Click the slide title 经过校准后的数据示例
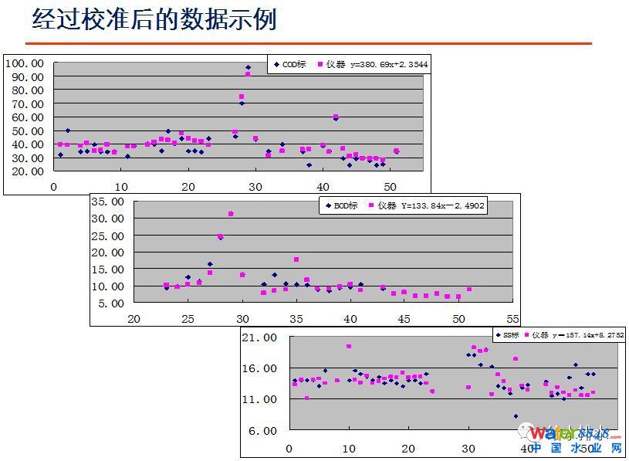(154, 19)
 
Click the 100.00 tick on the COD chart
(25, 63)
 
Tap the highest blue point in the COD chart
(249, 68)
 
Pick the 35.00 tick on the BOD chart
(107, 202)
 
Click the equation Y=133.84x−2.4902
(442, 205)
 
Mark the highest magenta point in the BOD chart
(231, 214)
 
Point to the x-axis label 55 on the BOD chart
(513, 319)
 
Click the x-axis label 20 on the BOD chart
(134, 319)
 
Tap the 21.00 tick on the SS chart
(259, 337)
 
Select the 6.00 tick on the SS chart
(262, 430)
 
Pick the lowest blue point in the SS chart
(516, 416)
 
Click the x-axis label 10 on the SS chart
(349, 449)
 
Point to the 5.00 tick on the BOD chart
(110, 303)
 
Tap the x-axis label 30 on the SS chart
(468, 449)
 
